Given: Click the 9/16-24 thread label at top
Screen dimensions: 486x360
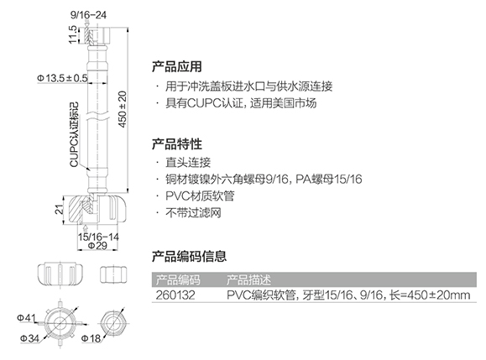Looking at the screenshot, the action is point(88,15).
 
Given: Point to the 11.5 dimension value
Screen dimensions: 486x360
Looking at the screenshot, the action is point(73,34).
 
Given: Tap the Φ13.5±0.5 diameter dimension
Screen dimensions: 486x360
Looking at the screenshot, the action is point(62,78).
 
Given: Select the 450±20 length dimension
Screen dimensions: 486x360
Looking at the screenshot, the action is point(123,109).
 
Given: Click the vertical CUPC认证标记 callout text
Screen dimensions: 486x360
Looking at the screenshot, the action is point(75,135).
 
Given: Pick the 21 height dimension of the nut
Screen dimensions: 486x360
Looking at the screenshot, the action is point(59,210).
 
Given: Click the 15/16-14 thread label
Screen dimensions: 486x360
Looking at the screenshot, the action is point(98,237).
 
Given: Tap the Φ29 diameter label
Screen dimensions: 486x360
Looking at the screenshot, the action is point(97,246).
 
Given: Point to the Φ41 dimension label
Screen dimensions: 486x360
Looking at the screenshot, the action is point(26,318).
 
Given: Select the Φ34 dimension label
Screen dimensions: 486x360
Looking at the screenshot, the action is point(29,339).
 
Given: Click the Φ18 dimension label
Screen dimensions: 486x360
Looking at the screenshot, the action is point(91,339).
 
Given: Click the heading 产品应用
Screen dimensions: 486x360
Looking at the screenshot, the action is point(176,66).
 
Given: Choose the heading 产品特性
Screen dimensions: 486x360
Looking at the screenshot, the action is point(176,144).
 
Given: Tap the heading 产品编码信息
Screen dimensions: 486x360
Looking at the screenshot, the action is point(189,257).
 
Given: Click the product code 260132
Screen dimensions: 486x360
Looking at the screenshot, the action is point(175,295).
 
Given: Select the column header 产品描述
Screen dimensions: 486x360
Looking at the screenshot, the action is point(248,279).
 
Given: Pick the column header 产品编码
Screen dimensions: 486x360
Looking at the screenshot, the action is point(178,279).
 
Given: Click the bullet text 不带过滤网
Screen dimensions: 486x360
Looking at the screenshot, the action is point(193,213).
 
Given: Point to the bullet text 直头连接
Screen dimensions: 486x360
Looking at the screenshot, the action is point(188,162).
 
